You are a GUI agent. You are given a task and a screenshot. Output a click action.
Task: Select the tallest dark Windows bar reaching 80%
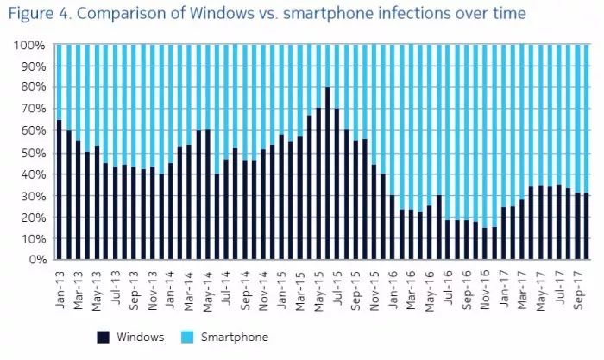click(x=328, y=173)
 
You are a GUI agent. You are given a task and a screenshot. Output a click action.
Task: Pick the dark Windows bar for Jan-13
click(x=59, y=189)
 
